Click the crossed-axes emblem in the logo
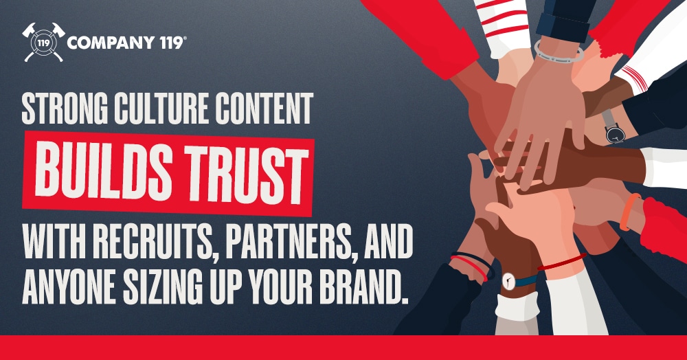pos(43,43)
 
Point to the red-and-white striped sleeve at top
pos(502,17)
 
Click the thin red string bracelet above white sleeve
pos(560,263)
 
